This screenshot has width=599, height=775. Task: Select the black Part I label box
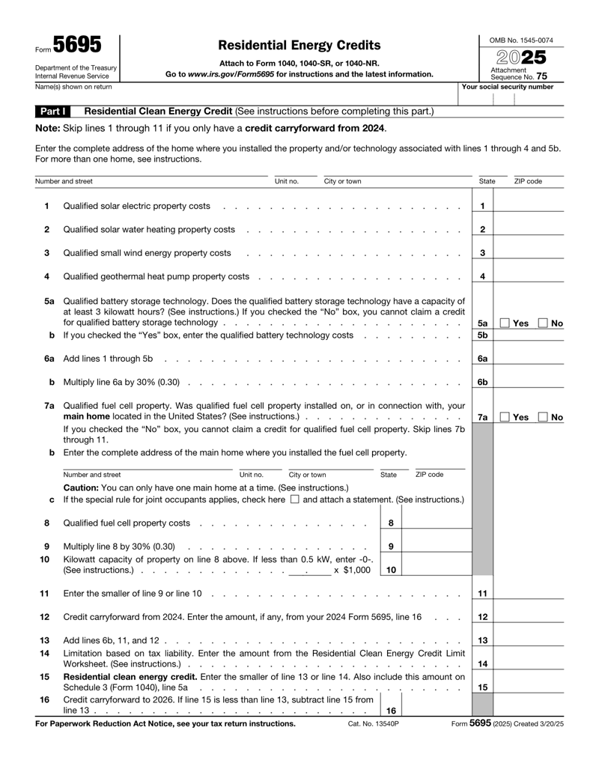53,111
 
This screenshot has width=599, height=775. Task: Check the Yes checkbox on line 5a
505,323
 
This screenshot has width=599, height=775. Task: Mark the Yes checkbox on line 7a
505,417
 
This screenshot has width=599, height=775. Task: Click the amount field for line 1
528,206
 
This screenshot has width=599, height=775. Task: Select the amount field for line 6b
528,383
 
